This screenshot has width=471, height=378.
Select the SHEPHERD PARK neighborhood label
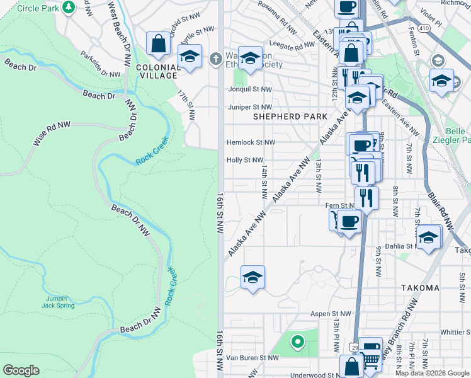[x=290, y=117]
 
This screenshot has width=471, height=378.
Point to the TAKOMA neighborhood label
[x=420, y=288]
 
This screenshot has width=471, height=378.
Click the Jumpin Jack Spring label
[x=59, y=302]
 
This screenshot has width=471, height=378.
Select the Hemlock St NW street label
[x=251, y=143]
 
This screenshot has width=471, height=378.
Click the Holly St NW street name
[x=244, y=161]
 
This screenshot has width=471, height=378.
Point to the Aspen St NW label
[x=330, y=313]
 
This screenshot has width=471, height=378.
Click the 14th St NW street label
[x=264, y=180]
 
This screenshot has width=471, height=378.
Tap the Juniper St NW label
[x=249, y=108]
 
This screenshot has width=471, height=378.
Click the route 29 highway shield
[x=355, y=348]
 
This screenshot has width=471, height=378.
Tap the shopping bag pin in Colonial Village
[x=158, y=43]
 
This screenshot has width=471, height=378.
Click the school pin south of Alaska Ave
[x=253, y=277]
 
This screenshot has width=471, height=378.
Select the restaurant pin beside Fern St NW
[x=366, y=198]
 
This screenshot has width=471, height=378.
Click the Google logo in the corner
[x=21, y=370]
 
